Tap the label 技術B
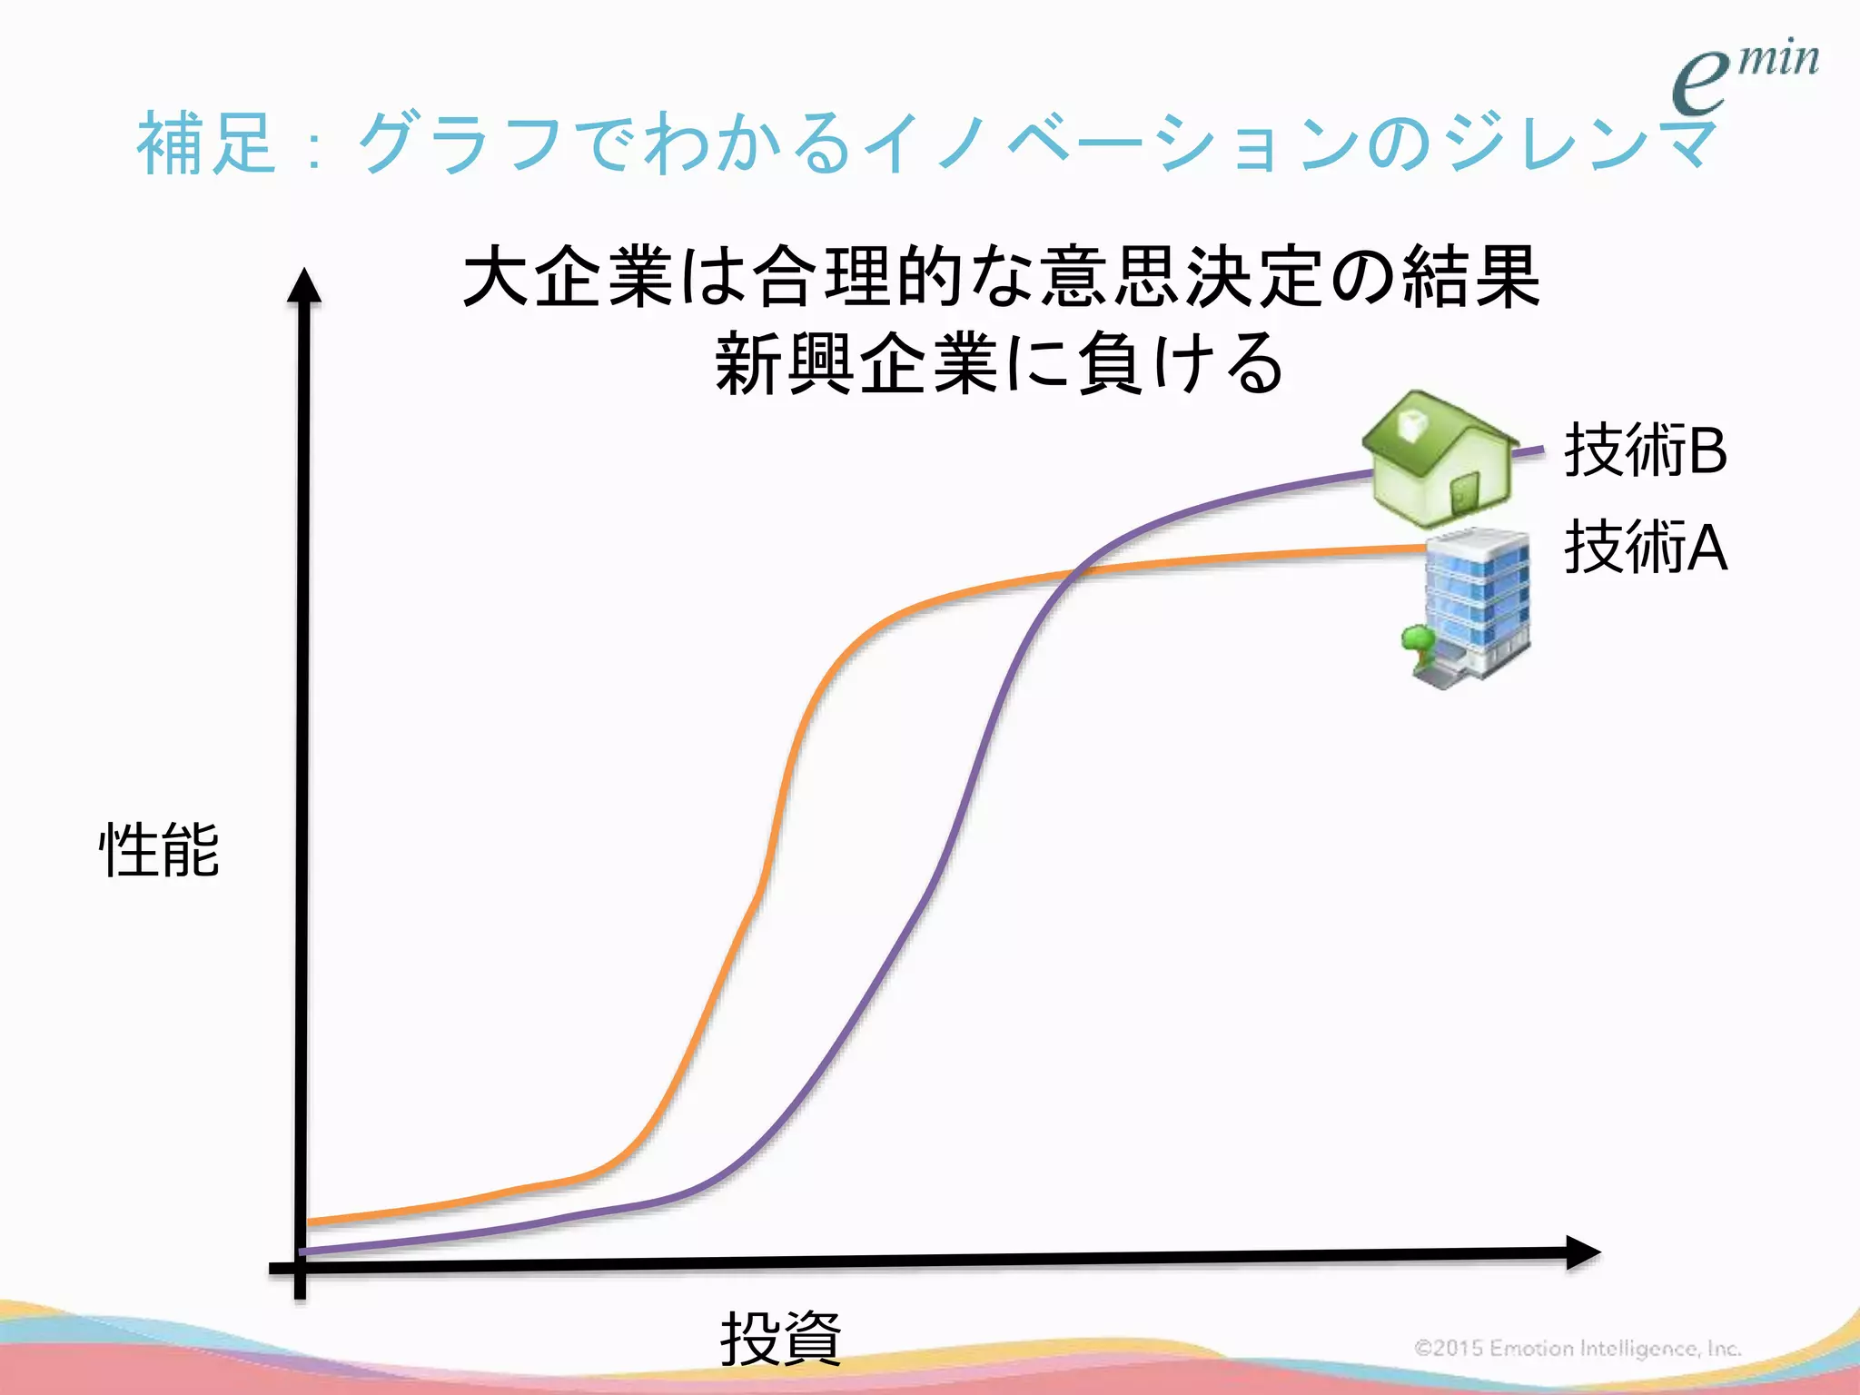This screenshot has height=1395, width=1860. [x=1645, y=450]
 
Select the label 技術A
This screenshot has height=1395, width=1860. [x=1645, y=548]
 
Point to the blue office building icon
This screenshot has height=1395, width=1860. [x=1476, y=604]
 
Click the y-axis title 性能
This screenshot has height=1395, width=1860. [x=159, y=850]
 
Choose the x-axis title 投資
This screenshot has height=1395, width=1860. [x=780, y=1338]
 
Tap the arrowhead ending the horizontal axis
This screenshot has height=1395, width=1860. [x=1582, y=1252]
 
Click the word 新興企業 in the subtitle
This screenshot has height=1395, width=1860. [x=857, y=363]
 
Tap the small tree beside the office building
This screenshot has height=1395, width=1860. [x=1417, y=640]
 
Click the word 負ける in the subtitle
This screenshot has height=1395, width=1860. [x=1181, y=363]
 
